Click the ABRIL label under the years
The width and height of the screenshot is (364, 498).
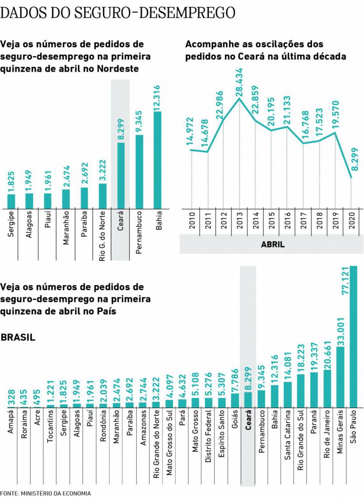[x=273, y=245]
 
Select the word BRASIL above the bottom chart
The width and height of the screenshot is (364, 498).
[x=18, y=338]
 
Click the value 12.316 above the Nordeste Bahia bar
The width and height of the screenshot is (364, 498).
[x=158, y=97]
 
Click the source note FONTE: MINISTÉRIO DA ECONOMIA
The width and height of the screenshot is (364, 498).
[x=46, y=493]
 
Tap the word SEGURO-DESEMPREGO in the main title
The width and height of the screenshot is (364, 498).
[x=154, y=12]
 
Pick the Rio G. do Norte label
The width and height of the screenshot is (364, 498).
[x=102, y=238]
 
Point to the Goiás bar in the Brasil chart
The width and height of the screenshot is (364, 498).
[x=235, y=400]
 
